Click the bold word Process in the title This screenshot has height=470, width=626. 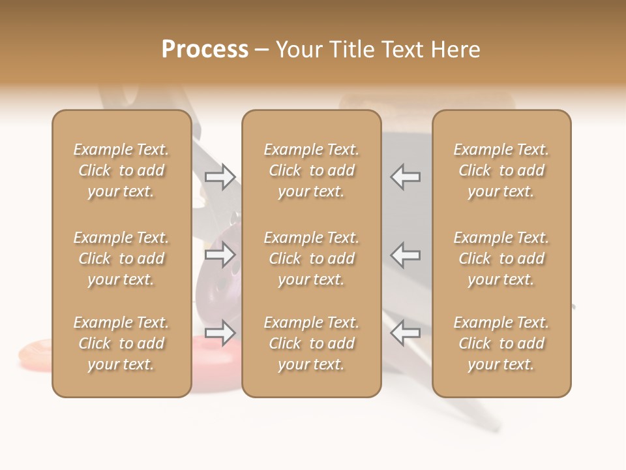pos(205,50)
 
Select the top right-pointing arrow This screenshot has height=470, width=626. pos(220,176)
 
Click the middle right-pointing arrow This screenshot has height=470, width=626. pos(220,255)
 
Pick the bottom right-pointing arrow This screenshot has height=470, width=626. pos(220,333)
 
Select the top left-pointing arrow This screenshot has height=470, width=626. pos(406,176)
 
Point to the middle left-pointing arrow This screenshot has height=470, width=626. pos(406,255)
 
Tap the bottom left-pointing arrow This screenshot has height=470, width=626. pos(406,333)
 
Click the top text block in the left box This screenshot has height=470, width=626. pos(121,170)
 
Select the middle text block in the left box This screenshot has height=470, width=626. pos(121,258)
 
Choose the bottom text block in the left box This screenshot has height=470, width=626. pos(121,343)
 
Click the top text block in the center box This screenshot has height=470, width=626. pos(312,170)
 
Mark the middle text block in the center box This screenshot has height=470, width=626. pos(312,258)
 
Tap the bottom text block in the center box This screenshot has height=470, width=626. pos(312,343)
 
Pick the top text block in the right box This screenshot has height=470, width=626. pos(501,170)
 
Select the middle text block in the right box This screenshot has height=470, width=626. pos(501,258)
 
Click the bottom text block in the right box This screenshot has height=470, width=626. pos(501,343)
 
